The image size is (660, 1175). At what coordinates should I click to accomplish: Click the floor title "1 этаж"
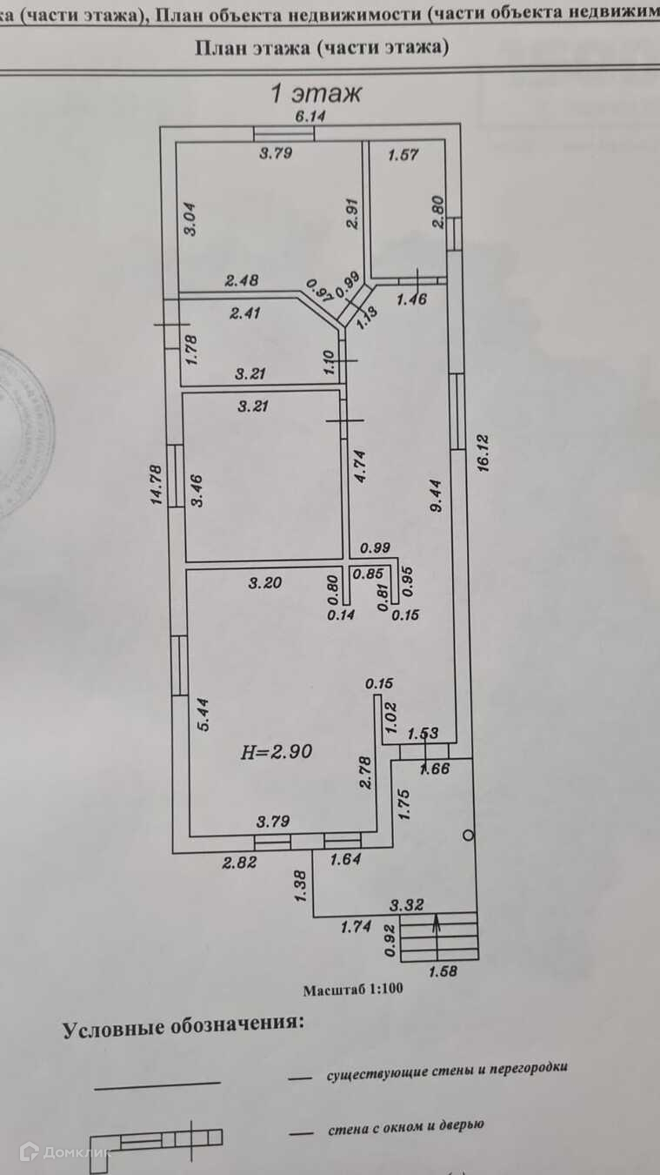[317, 91]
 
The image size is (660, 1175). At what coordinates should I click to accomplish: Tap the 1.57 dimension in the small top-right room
[403, 155]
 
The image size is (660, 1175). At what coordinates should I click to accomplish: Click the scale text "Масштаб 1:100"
[352, 990]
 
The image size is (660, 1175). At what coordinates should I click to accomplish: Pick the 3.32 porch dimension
[407, 905]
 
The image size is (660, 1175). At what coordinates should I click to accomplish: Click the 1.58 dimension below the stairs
[443, 970]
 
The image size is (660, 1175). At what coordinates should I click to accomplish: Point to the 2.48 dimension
[243, 280]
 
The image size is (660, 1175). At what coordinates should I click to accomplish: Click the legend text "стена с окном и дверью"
[405, 1126]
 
